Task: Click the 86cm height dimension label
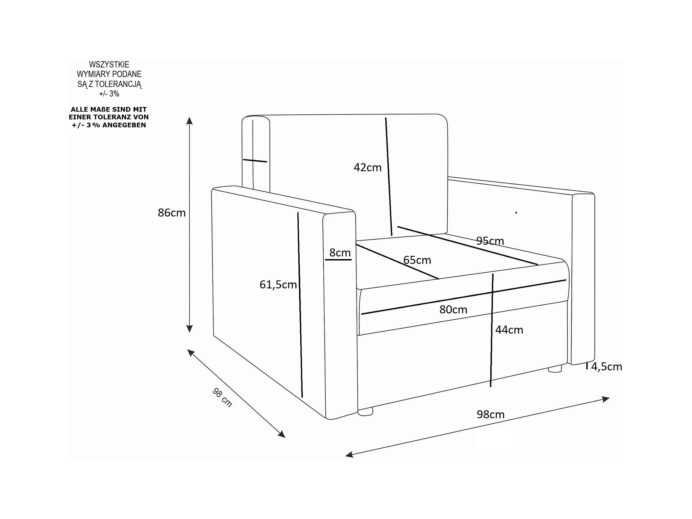click(172, 213)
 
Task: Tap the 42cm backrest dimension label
click(367, 168)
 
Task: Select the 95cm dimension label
click(490, 241)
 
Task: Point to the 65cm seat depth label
click(417, 260)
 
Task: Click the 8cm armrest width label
click(340, 252)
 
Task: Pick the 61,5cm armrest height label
click(278, 284)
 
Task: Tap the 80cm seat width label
click(453, 309)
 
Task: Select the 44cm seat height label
click(509, 330)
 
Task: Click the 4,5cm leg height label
click(606, 367)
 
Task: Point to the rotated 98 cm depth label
click(222, 398)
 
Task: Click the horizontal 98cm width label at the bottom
click(490, 414)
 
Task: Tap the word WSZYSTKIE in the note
click(109, 64)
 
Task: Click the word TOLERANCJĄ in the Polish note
click(118, 84)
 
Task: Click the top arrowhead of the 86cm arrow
click(189, 121)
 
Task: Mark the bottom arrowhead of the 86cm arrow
click(189, 329)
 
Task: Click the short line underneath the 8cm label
click(338, 260)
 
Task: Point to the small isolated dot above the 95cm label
click(516, 213)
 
